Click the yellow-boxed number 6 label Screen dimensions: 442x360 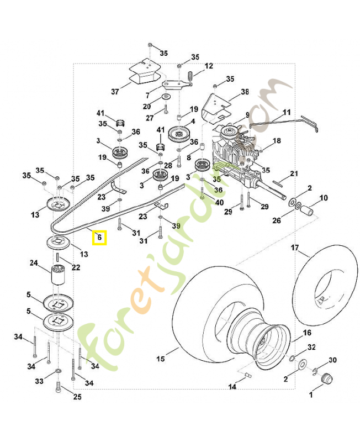coord(99,238)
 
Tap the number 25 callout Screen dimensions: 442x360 coord(77,397)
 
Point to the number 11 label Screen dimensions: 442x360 coord(286,113)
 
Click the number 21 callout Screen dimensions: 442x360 coord(294,173)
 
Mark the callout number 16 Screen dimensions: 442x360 coord(308,333)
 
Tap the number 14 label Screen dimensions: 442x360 coord(232,387)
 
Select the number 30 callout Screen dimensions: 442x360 coord(332,360)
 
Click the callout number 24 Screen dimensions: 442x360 coord(33,263)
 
